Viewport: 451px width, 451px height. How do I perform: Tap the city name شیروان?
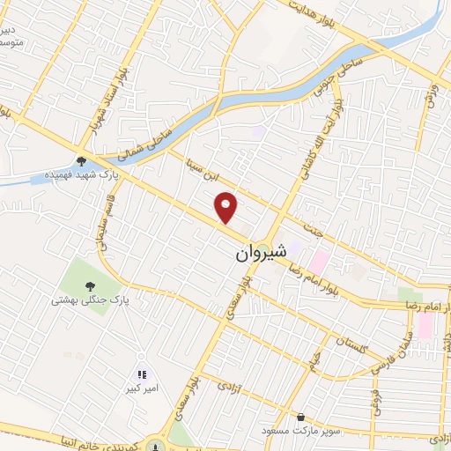[x=261, y=253]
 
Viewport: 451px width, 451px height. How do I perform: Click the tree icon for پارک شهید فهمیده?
[x=81, y=161]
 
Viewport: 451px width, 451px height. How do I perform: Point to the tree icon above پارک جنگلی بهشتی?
[x=89, y=285]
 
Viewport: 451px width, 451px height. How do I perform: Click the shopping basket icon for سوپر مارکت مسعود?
[x=301, y=417]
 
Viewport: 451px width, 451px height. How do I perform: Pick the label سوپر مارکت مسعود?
[x=300, y=431]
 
